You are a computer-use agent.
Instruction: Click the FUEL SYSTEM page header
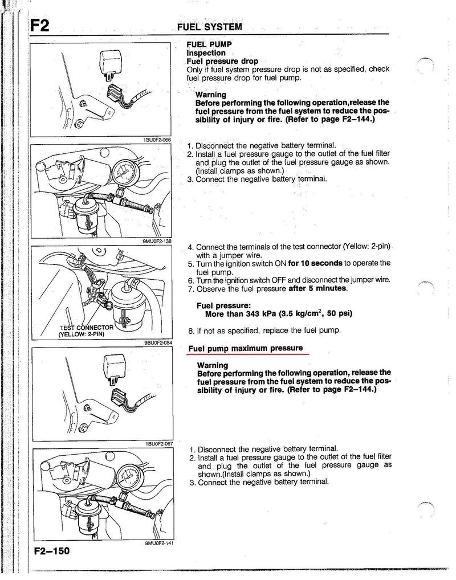tap(209, 27)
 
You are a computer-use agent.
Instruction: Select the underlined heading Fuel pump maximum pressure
tap(246, 348)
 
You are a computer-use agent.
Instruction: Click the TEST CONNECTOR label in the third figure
tap(87, 331)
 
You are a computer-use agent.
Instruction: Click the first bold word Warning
tap(211, 95)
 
